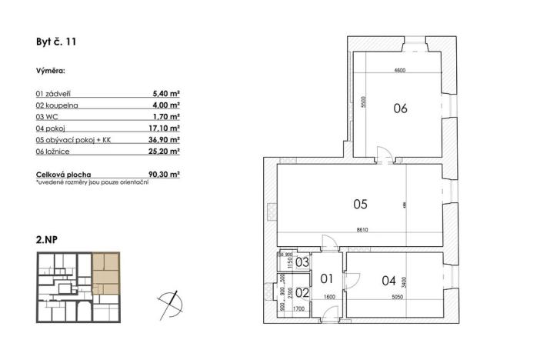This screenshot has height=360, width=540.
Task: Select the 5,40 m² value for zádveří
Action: coord(166,92)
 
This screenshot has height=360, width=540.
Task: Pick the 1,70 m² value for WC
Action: coord(167,117)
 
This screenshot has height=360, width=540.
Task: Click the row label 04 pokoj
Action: coord(52,129)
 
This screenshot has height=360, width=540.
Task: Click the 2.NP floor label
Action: coord(47,240)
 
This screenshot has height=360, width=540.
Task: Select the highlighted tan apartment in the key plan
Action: coord(106,273)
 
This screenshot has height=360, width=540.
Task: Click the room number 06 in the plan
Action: coord(400,108)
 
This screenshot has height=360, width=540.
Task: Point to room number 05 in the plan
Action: coord(360,205)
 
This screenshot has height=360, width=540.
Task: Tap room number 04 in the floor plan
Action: coord(389,280)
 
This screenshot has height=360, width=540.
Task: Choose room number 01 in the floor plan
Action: coord(325,278)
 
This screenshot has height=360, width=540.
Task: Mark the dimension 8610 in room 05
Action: coord(362,229)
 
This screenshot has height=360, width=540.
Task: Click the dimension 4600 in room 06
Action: coord(399,71)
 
